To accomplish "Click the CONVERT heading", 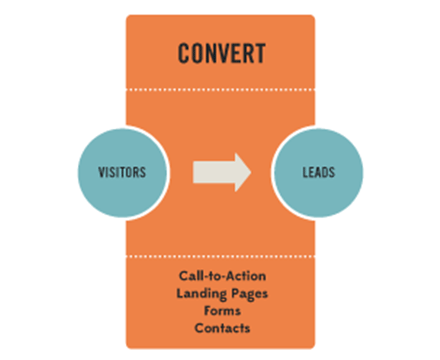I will point(220,53).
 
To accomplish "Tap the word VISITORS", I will point(123,172).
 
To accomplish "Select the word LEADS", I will point(317,172).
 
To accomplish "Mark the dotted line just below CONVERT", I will point(220,88).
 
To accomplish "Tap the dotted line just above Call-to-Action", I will point(220,255).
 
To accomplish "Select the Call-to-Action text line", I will point(220,275).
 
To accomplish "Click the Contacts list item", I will point(220,326).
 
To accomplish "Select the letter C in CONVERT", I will point(184,53).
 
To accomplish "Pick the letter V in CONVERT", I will point(221,53).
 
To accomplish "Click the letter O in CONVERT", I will point(196,53).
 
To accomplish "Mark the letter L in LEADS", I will point(303,172).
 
